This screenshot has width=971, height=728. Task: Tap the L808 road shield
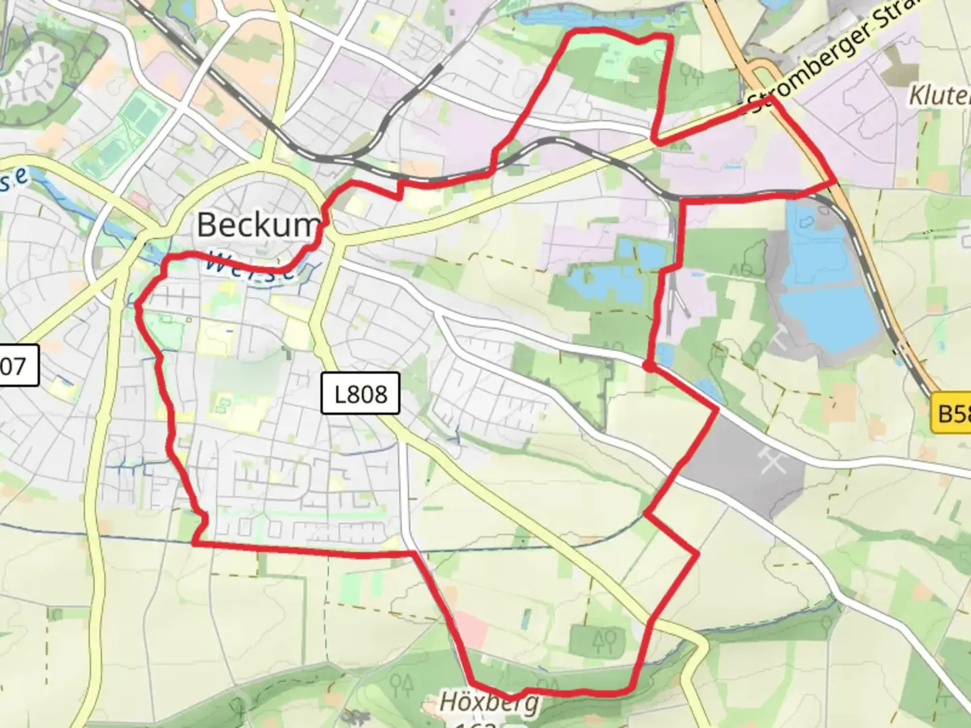pyautogui.click(x=361, y=393)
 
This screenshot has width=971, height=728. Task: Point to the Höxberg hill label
pyautogui.click(x=489, y=702)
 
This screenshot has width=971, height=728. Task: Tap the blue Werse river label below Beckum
pyautogui.click(x=249, y=264)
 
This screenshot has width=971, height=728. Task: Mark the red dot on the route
pyautogui.click(x=647, y=366)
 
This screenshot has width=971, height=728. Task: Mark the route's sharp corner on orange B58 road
pyautogui.click(x=834, y=183)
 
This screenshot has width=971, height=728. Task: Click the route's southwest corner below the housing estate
pyautogui.click(x=194, y=543)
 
